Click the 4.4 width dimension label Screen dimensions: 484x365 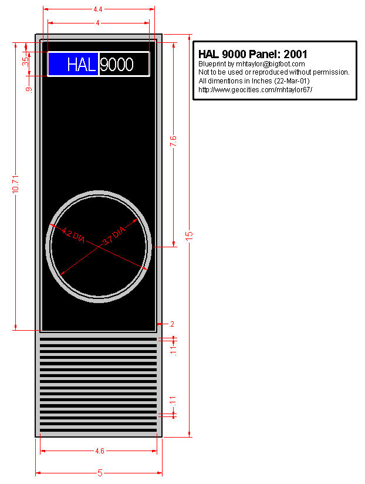click(98, 9)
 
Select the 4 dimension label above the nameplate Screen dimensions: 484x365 click(97, 22)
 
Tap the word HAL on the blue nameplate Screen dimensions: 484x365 click(82, 65)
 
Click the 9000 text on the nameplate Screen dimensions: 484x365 click(117, 65)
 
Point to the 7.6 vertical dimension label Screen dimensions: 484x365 click(173, 141)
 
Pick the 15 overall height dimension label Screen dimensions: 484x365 click(189, 234)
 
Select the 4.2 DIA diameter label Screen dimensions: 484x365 click(73, 235)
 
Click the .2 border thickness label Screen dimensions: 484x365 click(171, 324)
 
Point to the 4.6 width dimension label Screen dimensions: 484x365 click(100, 451)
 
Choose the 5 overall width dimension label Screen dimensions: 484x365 click(100, 473)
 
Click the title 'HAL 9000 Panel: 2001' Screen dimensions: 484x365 click(253, 54)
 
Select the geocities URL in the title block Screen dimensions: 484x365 click(255, 89)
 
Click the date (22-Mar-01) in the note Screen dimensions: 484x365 click(292, 80)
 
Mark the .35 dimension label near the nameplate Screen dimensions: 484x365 click(25, 61)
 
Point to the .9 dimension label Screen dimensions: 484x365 click(29, 89)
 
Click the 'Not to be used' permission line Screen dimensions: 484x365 click(274, 72)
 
